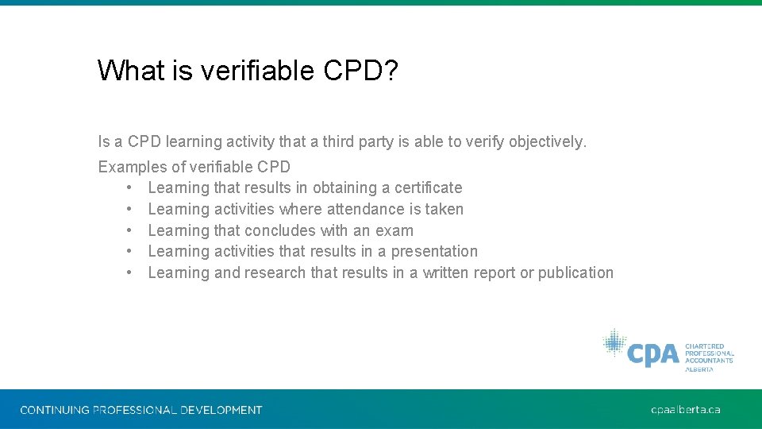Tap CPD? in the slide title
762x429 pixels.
tap(361, 71)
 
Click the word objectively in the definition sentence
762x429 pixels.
tap(546, 142)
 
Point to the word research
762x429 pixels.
tap(275, 273)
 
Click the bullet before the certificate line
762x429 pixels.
tap(128, 188)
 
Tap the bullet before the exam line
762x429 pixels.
tap(128, 231)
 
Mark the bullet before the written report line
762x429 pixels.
tap(128, 273)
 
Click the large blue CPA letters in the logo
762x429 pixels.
tap(652, 353)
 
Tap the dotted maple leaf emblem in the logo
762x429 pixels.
tap(614, 343)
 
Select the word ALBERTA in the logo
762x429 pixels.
tap(700, 369)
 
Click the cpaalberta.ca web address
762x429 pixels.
tap(685, 410)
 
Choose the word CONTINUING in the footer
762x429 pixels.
tap(55, 410)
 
